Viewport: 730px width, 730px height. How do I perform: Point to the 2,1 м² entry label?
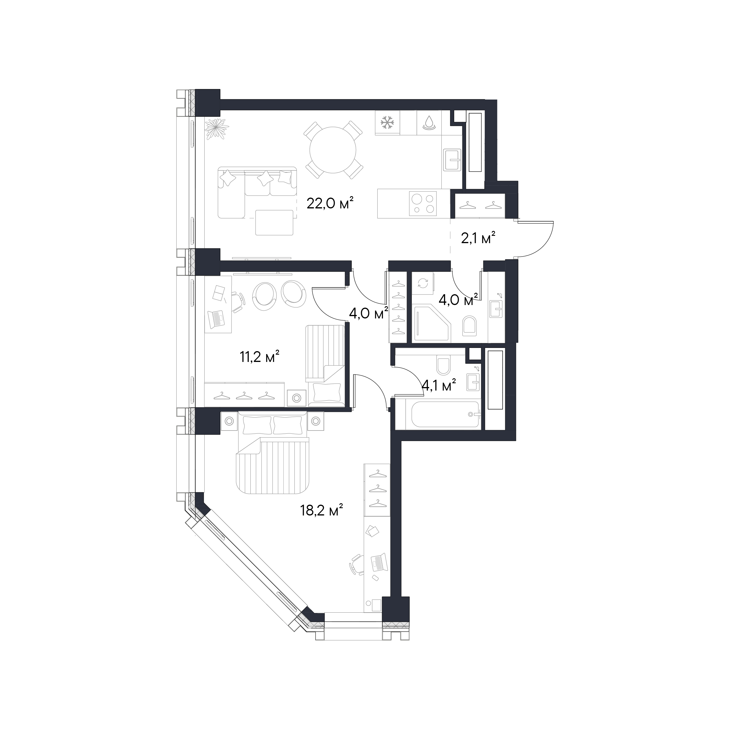(x=478, y=238)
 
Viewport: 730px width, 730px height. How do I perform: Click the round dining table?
(x=333, y=150)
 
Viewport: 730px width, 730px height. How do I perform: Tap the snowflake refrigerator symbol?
(x=387, y=122)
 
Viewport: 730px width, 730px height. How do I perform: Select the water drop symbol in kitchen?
(x=429, y=122)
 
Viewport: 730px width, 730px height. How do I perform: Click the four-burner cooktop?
(x=423, y=204)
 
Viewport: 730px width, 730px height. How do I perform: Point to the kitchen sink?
(x=452, y=160)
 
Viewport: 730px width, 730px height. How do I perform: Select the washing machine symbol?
(x=423, y=283)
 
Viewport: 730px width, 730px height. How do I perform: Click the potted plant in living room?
(x=217, y=128)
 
